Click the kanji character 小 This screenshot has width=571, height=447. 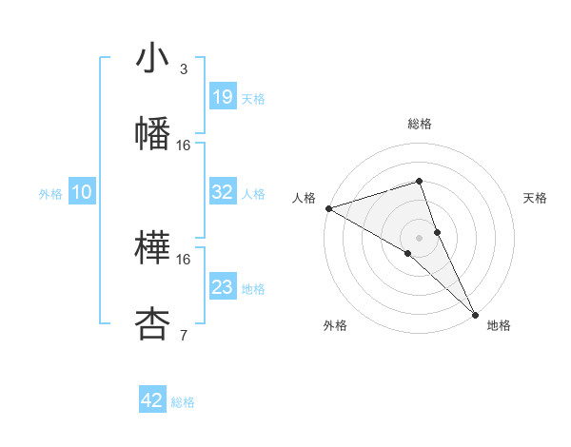click(152, 60)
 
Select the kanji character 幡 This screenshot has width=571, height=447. click(152, 132)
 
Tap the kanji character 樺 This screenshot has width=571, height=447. click(152, 248)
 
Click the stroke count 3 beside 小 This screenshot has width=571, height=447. click(183, 69)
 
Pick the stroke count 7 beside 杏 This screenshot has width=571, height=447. click(183, 334)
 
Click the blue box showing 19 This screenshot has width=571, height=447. click(223, 97)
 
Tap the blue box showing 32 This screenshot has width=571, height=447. click(223, 192)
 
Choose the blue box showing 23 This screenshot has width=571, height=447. click(223, 287)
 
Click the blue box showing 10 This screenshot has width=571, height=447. click(82, 192)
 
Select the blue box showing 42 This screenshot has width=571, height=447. click(152, 400)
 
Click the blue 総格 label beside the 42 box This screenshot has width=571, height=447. click(183, 402)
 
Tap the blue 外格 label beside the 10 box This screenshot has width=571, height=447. click(50, 194)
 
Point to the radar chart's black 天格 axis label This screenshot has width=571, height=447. click(536, 198)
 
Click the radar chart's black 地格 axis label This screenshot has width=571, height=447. click(499, 325)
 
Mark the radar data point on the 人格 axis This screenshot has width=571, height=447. click(328, 207)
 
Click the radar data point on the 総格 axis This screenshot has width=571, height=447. click(419, 181)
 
